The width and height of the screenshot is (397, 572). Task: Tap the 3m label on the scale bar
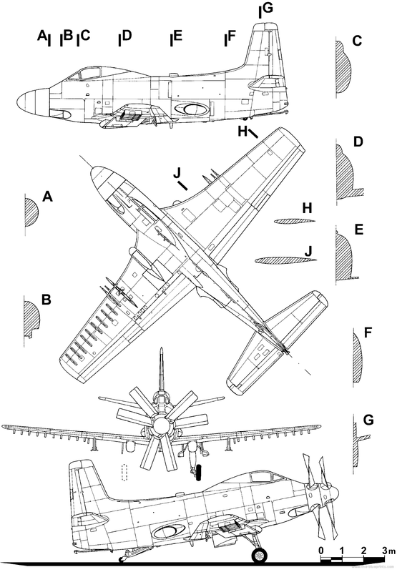click(x=387, y=551)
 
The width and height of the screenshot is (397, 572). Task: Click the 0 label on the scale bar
click(x=322, y=551)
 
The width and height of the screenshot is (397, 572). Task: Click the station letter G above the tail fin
click(x=268, y=9)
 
